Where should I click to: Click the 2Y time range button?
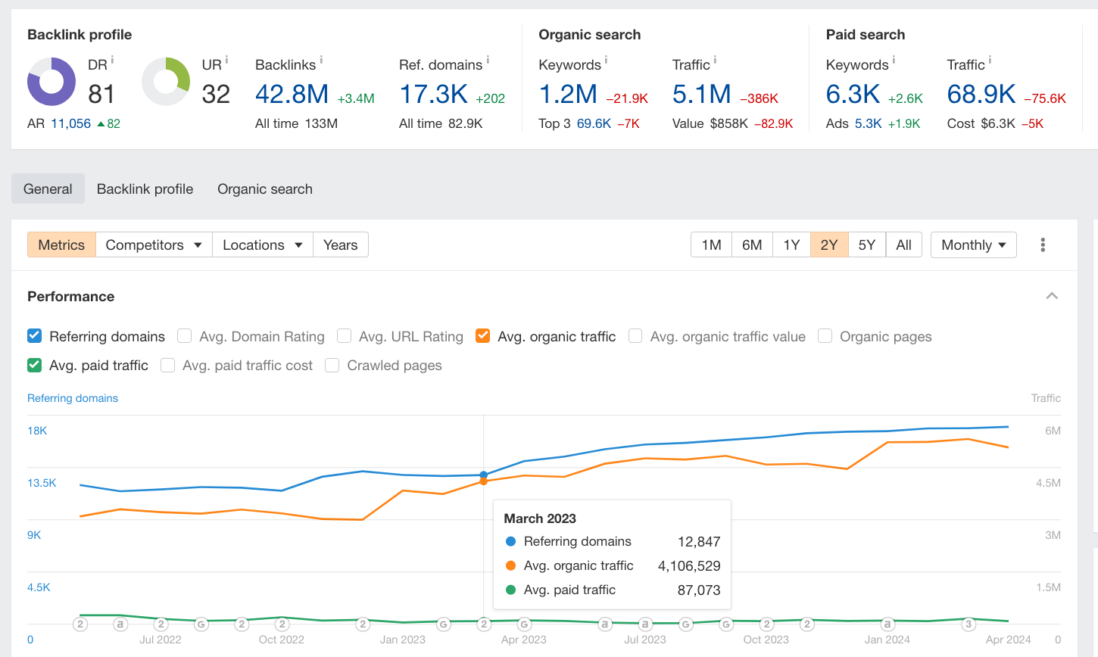coord(829,244)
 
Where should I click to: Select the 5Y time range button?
coord(866,244)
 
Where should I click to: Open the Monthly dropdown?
coord(973,244)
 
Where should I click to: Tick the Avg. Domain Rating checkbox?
coord(184,336)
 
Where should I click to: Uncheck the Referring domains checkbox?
coord(34,336)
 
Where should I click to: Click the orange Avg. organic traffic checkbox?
coord(482,336)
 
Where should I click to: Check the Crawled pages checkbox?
coord(332,365)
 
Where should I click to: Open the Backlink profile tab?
coord(145,189)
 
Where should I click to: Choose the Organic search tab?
coord(264,189)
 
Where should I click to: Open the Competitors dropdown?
coord(154,244)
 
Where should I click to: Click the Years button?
coord(340,244)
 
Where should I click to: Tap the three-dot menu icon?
coord(1043,244)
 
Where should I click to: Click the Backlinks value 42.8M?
coord(292,95)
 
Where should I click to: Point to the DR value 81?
coord(101,95)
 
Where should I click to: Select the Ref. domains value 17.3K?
coord(433,95)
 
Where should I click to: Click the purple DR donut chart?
coord(51,81)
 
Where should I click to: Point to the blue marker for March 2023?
coord(484,475)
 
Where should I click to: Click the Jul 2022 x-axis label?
coord(161,640)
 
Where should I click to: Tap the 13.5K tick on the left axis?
coord(42,483)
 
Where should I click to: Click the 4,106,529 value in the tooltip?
coord(689,565)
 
